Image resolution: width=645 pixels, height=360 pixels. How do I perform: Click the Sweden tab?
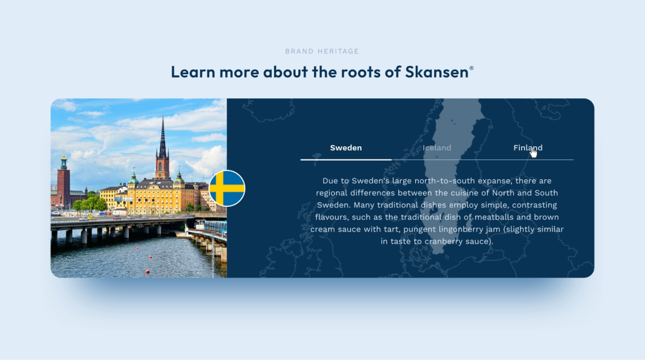346,147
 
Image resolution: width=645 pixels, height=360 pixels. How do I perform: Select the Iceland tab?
437,147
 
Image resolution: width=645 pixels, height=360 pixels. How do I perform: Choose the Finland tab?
528,147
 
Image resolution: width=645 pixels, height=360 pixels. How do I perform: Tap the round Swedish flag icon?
227,188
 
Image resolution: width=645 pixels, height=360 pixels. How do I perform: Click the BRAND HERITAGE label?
322,51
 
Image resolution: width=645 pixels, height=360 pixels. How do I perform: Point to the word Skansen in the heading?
437,72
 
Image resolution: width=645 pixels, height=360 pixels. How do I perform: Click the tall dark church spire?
162,136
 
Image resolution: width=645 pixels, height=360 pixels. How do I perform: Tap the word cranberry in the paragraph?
444,241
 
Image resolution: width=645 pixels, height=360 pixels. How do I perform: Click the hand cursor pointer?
533,153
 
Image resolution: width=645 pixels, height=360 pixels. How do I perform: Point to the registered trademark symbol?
472,68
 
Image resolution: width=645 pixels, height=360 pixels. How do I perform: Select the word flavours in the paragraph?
331,217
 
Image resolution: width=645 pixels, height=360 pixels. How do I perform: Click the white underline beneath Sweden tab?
346,159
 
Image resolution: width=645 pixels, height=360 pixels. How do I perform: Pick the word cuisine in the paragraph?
464,192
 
